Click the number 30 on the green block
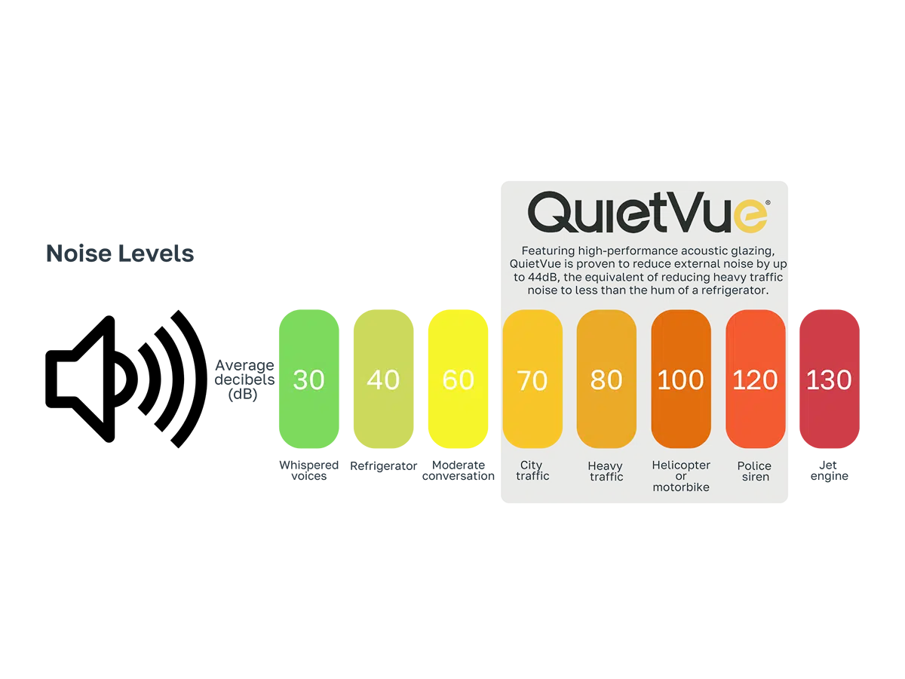click(308, 379)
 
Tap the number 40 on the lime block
click(382, 379)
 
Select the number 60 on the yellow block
click(458, 379)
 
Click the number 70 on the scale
click(532, 380)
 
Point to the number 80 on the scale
click(606, 380)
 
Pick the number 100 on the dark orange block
click(680, 380)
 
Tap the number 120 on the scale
click(755, 380)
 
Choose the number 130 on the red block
click(829, 380)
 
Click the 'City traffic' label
click(532, 471)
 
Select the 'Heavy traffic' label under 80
click(606, 472)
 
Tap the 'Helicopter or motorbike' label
click(681, 476)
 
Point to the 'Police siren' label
click(755, 472)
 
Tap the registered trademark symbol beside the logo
click(768, 202)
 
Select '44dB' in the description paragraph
click(531, 276)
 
